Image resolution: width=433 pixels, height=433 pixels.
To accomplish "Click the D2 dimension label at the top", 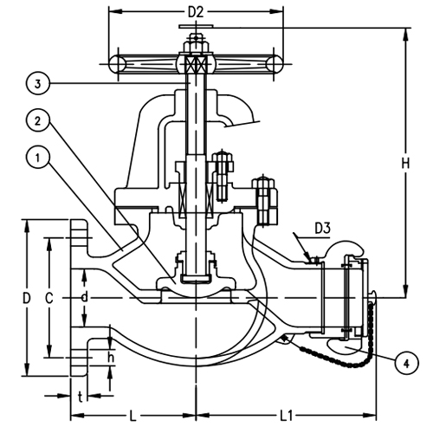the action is click(x=196, y=12).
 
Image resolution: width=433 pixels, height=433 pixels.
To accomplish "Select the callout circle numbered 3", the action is click(x=37, y=84).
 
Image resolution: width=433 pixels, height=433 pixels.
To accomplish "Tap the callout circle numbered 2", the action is click(x=37, y=120).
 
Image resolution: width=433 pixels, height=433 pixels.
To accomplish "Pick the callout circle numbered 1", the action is click(x=37, y=158).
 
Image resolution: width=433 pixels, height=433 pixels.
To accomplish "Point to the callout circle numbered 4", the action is click(x=406, y=364).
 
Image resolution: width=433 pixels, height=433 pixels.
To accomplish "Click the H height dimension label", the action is click(x=405, y=164).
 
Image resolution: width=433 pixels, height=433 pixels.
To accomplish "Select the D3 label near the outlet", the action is click(x=322, y=229).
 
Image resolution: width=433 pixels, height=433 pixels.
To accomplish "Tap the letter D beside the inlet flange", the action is click(x=27, y=298).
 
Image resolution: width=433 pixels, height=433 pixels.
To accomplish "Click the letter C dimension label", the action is click(x=49, y=298).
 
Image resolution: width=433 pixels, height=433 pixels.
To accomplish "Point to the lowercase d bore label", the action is click(x=84, y=297).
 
